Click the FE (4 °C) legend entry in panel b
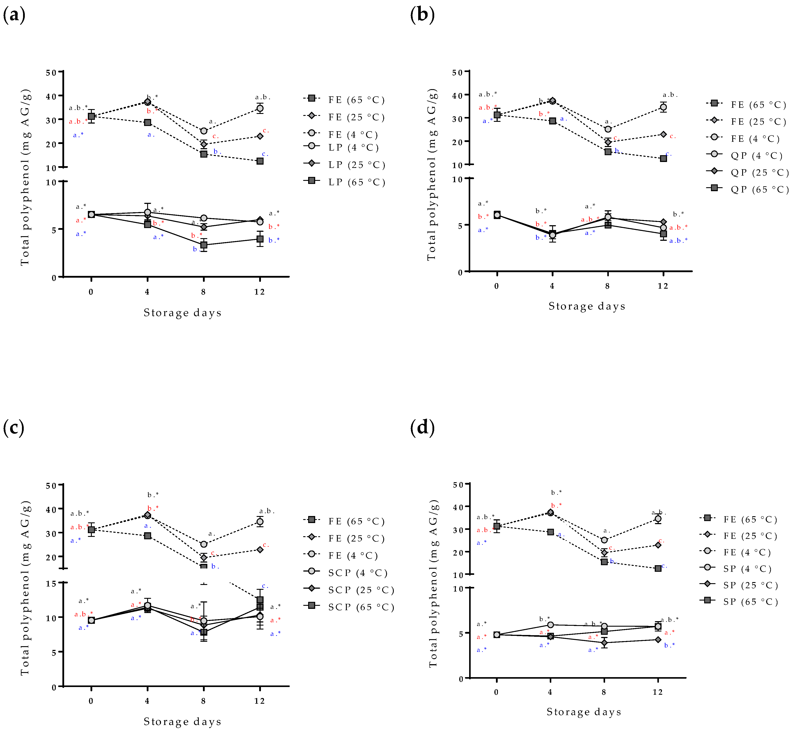(x=743, y=139)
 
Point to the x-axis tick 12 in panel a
(x=259, y=292)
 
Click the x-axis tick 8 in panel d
(x=604, y=692)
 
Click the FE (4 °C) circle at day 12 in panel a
(x=260, y=108)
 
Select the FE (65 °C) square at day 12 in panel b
(x=663, y=158)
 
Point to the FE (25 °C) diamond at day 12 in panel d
(x=658, y=545)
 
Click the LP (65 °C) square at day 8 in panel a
(x=203, y=245)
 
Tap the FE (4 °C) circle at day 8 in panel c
(x=203, y=544)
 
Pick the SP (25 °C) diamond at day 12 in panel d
(x=658, y=639)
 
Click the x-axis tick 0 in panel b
(x=496, y=286)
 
